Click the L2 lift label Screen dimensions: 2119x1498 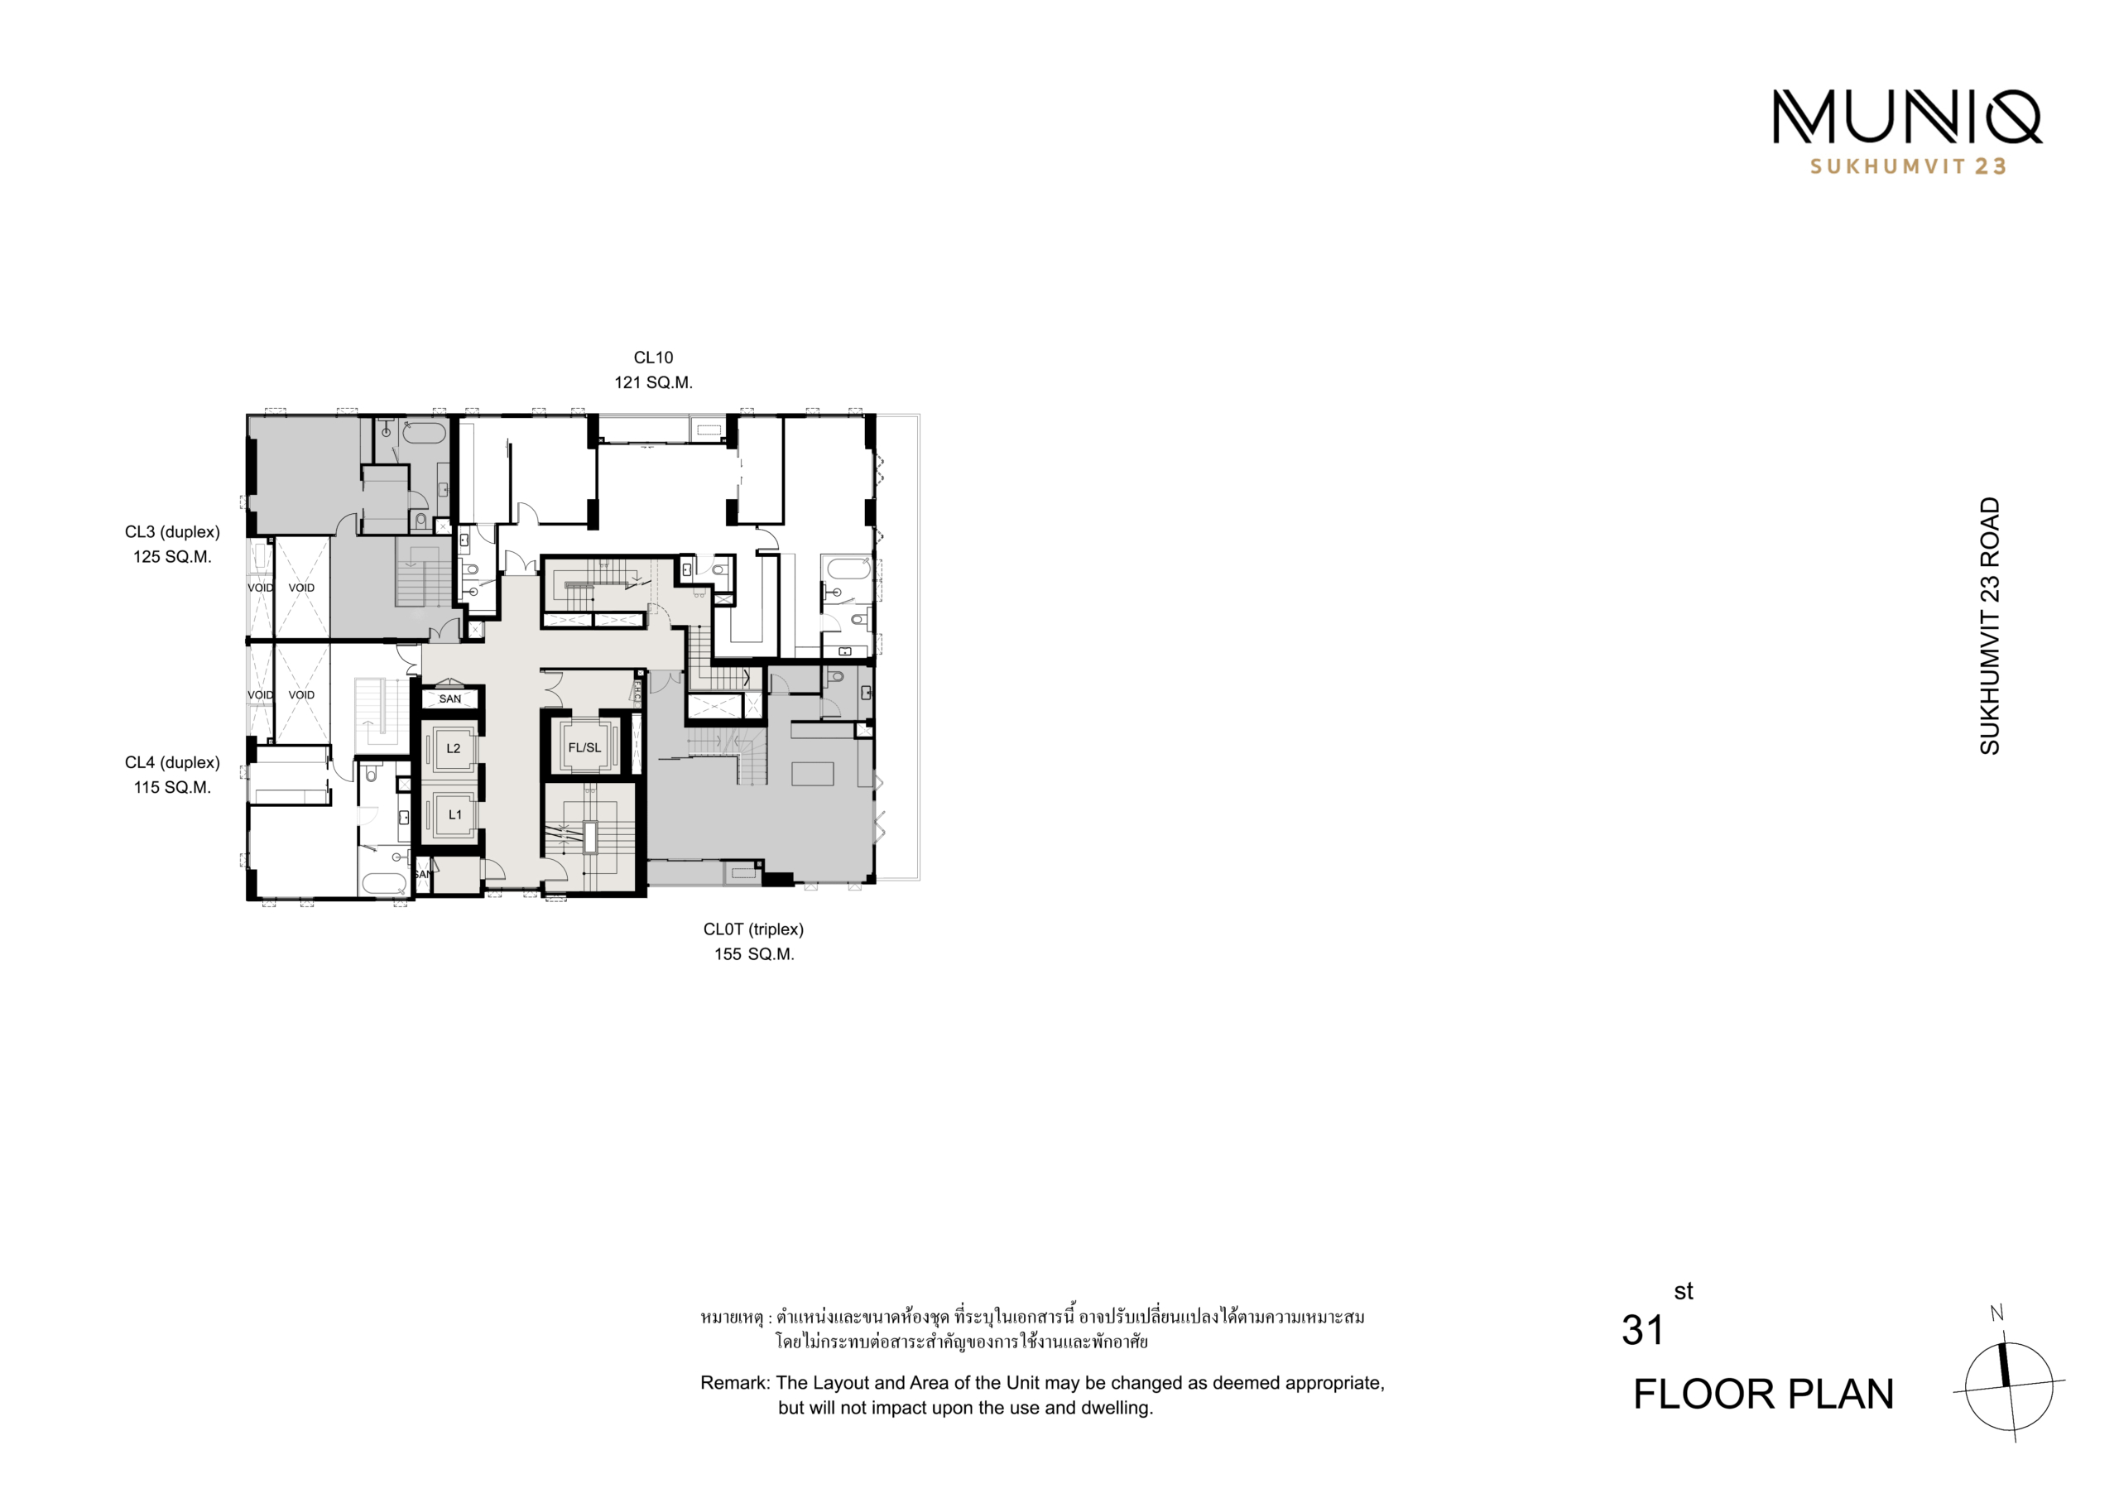pyautogui.click(x=453, y=748)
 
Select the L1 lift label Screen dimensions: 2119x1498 pyautogui.click(x=455, y=815)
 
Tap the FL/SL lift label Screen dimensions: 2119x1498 pyautogui.click(x=584, y=747)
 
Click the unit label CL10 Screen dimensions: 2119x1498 pyautogui.click(x=653, y=358)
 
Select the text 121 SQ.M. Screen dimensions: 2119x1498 pyautogui.click(x=653, y=382)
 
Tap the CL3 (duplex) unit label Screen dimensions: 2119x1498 pyautogui.click(x=173, y=532)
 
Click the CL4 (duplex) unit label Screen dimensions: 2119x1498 pyautogui.click(x=173, y=763)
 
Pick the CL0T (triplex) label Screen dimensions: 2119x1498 pyautogui.click(x=753, y=929)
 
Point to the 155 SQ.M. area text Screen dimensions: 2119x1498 pyautogui.click(x=754, y=954)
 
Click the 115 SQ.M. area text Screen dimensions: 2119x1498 pyautogui.click(x=173, y=787)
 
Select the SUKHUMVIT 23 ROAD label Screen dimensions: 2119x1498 pyautogui.click(x=1990, y=626)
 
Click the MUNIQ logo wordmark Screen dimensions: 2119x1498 pyautogui.click(x=1908, y=118)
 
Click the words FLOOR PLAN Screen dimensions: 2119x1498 pyautogui.click(x=1764, y=1395)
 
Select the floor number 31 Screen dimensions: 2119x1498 pyautogui.click(x=1643, y=1331)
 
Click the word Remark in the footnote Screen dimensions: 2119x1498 pyautogui.click(x=735, y=1383)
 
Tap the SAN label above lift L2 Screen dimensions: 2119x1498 pyautogui.click(x=450, y=699)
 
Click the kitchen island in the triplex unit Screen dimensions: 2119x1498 pyautogui.click(x=813, y=774)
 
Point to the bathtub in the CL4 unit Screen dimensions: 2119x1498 pyautogui.click(x=384, y=882)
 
